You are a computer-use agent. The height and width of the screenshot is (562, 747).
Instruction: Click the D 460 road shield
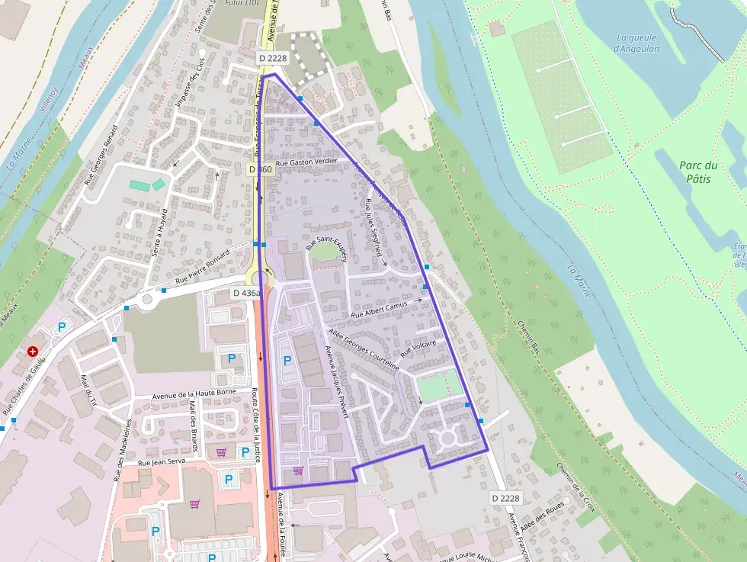pos(260,169)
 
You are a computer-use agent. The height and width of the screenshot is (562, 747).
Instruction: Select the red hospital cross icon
pos(34,352)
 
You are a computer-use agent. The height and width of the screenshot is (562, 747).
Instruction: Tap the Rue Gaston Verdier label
pos(306,162)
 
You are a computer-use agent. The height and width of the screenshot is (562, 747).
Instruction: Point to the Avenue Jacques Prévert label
pos(337,381)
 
